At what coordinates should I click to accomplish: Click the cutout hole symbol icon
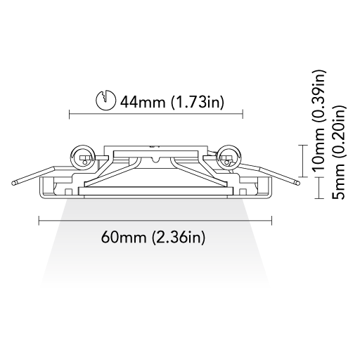tap(105, 100)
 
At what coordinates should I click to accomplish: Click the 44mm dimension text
tap(143, 102)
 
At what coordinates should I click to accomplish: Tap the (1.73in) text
tap(198, 103)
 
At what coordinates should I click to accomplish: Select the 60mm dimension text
tap(124, 237)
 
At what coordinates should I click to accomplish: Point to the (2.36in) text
tap(179, 238)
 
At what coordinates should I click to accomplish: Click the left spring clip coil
tap(82, 157)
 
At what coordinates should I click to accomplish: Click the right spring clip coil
tap(229, 157)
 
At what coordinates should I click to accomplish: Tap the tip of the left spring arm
tap(13, 183)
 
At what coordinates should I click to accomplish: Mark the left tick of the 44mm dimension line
tap(70, 114)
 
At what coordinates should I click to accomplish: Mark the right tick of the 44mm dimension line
tap(243, 114)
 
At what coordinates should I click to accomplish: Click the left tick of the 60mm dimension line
tap(39, 220)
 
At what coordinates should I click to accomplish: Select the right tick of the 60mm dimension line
tap(271, 220)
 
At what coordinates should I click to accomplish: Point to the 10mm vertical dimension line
tap(304, 161)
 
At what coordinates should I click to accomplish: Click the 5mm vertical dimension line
tap(319, 188)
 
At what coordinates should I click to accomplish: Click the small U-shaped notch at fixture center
tap(155, 160)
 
